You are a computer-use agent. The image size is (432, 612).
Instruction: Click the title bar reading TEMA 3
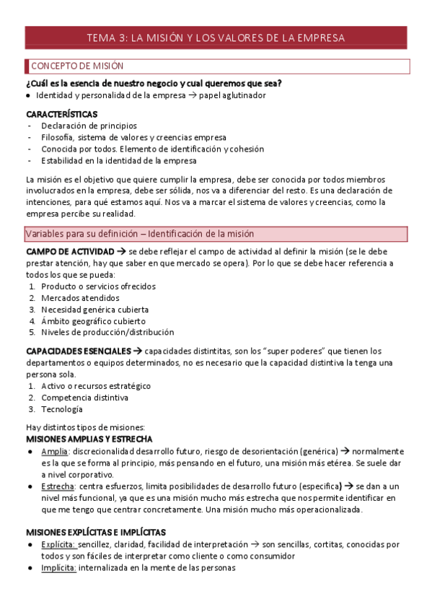[x=216, y=38]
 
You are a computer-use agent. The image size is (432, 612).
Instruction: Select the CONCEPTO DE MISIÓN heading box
[x=216, y=66]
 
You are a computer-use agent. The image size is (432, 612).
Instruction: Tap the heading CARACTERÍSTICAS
[x=62, y=114]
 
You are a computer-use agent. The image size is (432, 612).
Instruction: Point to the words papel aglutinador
[x=232, y=95]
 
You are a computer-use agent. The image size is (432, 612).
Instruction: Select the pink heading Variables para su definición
[x=216, y=234]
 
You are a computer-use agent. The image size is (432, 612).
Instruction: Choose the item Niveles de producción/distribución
[x=107, y=333]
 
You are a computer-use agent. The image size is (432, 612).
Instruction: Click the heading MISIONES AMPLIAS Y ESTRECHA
[x=89, y=439]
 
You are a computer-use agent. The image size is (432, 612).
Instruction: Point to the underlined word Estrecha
[x=58, y=486]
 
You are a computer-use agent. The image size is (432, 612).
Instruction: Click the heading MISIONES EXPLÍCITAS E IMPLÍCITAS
[x=96, y=533]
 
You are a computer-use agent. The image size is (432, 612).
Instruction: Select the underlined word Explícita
[x=58, y=545]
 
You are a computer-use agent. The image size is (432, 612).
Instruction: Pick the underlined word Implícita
[x=58, y=568]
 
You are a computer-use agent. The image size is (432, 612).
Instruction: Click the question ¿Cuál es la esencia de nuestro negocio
[x=154, y=83]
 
